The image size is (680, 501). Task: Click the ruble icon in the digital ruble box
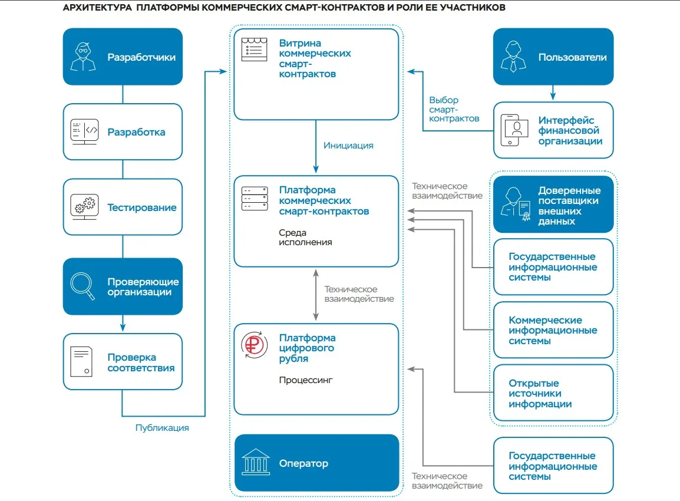pyautogui.click(x=254, y=345)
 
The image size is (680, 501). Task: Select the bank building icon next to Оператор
pyautogui.click(x=255, y=462)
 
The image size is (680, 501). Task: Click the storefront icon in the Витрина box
pyautogui.click(x=254, y=50)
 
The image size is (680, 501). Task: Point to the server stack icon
pyautogui.click(x=255, y=199)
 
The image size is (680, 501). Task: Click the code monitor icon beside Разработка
pyautogui.click(x=85, y=131)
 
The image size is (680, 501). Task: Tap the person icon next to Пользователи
pyautogui.click(x=513, y=57)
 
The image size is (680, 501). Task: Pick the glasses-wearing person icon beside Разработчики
pyautogui.click(x=83, y=57)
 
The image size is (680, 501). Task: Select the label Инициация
pyautogui.click(x=348, y=146)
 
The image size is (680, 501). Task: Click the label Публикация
pyautogui.click(x=162, y=428)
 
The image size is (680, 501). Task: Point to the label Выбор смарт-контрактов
pyautogui.click(x=454, y=109)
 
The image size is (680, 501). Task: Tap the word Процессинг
pyautogui.click(x=306, y=380)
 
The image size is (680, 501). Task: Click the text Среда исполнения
pyautogui.click(x=305, y=238)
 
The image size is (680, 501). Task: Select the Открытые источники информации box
pyautogui.click(x=553, y=393)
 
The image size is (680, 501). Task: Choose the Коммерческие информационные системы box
pyautogui.click(x=553, y=330)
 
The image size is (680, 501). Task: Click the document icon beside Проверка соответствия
pyautogui.click(x=81, y=361)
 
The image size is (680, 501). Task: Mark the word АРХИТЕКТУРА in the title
pyautogui.click(x=97, y=8)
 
